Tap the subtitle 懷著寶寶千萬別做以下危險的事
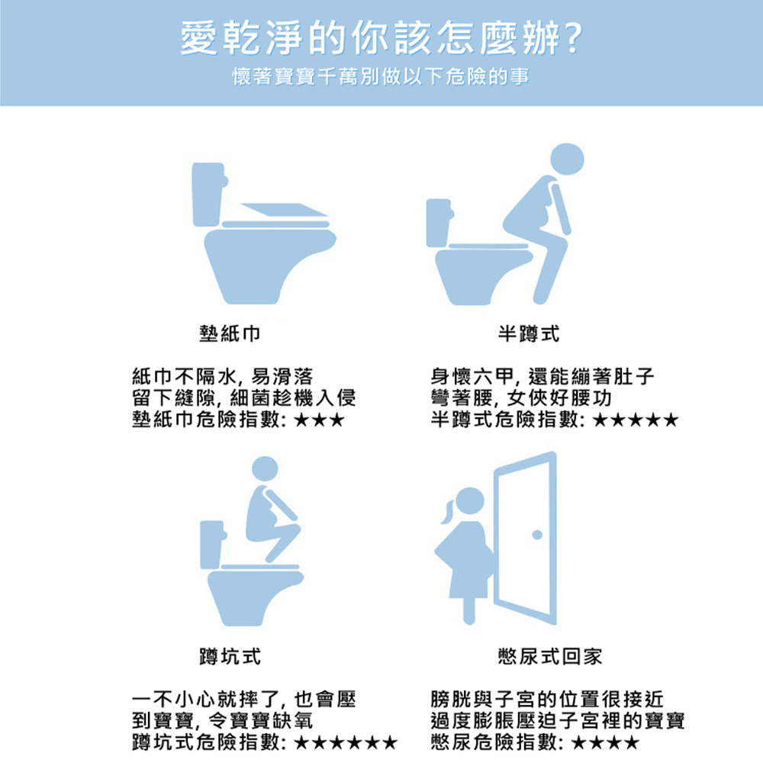(381, 77)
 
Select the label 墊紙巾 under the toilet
(228, 333)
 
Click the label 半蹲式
(528, 333)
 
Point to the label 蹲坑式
(228, 656)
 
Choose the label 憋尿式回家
(549, 656)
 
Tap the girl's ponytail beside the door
(447, 510)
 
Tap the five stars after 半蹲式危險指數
(634, 420)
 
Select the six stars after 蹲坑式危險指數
(346, 742)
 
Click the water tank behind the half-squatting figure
(439, 222)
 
